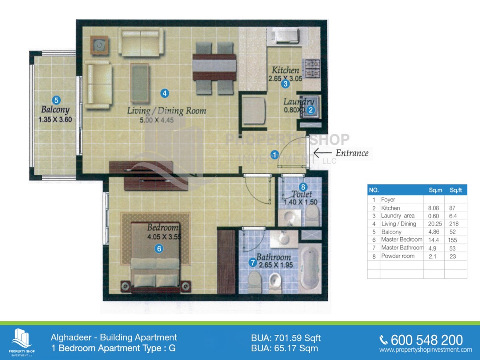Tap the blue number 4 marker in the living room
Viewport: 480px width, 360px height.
(164, 93)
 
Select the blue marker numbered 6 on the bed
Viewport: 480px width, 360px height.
(159, 249)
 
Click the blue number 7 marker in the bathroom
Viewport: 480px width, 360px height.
(253, 263)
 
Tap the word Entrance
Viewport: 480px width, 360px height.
(352, 153)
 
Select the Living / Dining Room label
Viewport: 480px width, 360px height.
(166, 111)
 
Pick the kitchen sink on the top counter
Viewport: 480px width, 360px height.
(285, 36)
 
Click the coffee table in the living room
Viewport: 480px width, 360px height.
(140, 83)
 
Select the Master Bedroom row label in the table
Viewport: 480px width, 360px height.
(401, 240)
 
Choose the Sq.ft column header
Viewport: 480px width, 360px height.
(456, 190)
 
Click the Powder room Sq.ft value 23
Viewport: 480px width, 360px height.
(453, 256)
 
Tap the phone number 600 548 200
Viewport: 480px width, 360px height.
(426, 340)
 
